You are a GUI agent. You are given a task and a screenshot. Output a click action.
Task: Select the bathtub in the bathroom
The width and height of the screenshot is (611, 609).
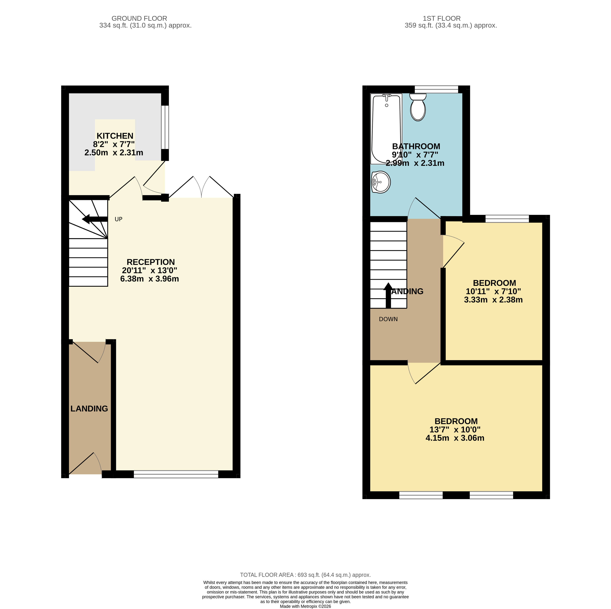pos(386,129)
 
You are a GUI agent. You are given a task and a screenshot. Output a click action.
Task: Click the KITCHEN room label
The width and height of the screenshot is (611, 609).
pos(115,136)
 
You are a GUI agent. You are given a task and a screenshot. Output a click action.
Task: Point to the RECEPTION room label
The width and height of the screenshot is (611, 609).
pos(151,262)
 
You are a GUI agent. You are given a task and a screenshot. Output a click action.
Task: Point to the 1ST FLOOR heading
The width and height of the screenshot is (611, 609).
pos(442,19)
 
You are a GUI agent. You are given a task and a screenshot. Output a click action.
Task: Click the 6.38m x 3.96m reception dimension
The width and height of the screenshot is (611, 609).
pos(150,279)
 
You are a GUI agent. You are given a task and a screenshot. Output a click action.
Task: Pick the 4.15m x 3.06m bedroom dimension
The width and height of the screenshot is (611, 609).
pos(455,438)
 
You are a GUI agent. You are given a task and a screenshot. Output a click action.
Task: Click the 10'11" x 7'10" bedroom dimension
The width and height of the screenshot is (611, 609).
pos(493,291)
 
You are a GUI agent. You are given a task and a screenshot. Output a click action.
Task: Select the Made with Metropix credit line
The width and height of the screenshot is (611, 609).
pos(305,606)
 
